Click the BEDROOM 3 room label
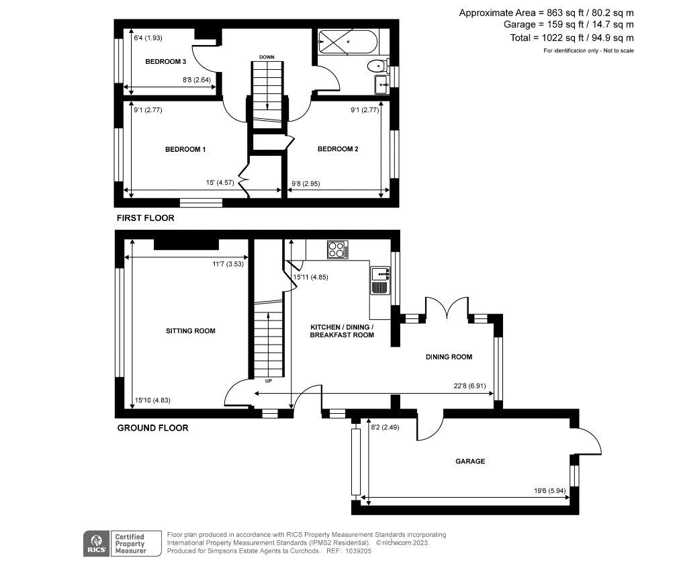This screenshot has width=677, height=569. click(165, 62)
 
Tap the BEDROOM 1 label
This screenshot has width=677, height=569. click(185, 149)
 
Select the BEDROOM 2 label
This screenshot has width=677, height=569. click(338, 149)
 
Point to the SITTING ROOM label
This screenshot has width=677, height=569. click(191, 331)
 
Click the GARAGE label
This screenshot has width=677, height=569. click(470, 462)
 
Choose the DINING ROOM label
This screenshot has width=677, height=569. click(449, 357)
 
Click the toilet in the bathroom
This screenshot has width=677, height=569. click(379, 66)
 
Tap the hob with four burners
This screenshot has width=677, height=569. click(338, 249)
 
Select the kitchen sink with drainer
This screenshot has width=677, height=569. click(380, 281)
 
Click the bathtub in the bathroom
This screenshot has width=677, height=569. click(348, 42)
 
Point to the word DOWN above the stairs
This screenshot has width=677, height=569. click(267, 57)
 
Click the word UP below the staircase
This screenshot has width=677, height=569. click(268, 381)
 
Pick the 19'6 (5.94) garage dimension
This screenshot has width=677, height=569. click(549, 491)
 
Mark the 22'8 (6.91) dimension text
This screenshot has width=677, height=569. click(469, 386)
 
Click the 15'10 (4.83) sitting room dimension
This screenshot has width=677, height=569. click(152, 400)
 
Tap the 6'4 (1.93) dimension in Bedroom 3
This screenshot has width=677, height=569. click(148, 38)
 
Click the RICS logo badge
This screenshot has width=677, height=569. click(96, 543)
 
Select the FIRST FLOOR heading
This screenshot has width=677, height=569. click(146, 218)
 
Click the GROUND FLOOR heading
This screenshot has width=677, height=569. click(153, 428)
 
